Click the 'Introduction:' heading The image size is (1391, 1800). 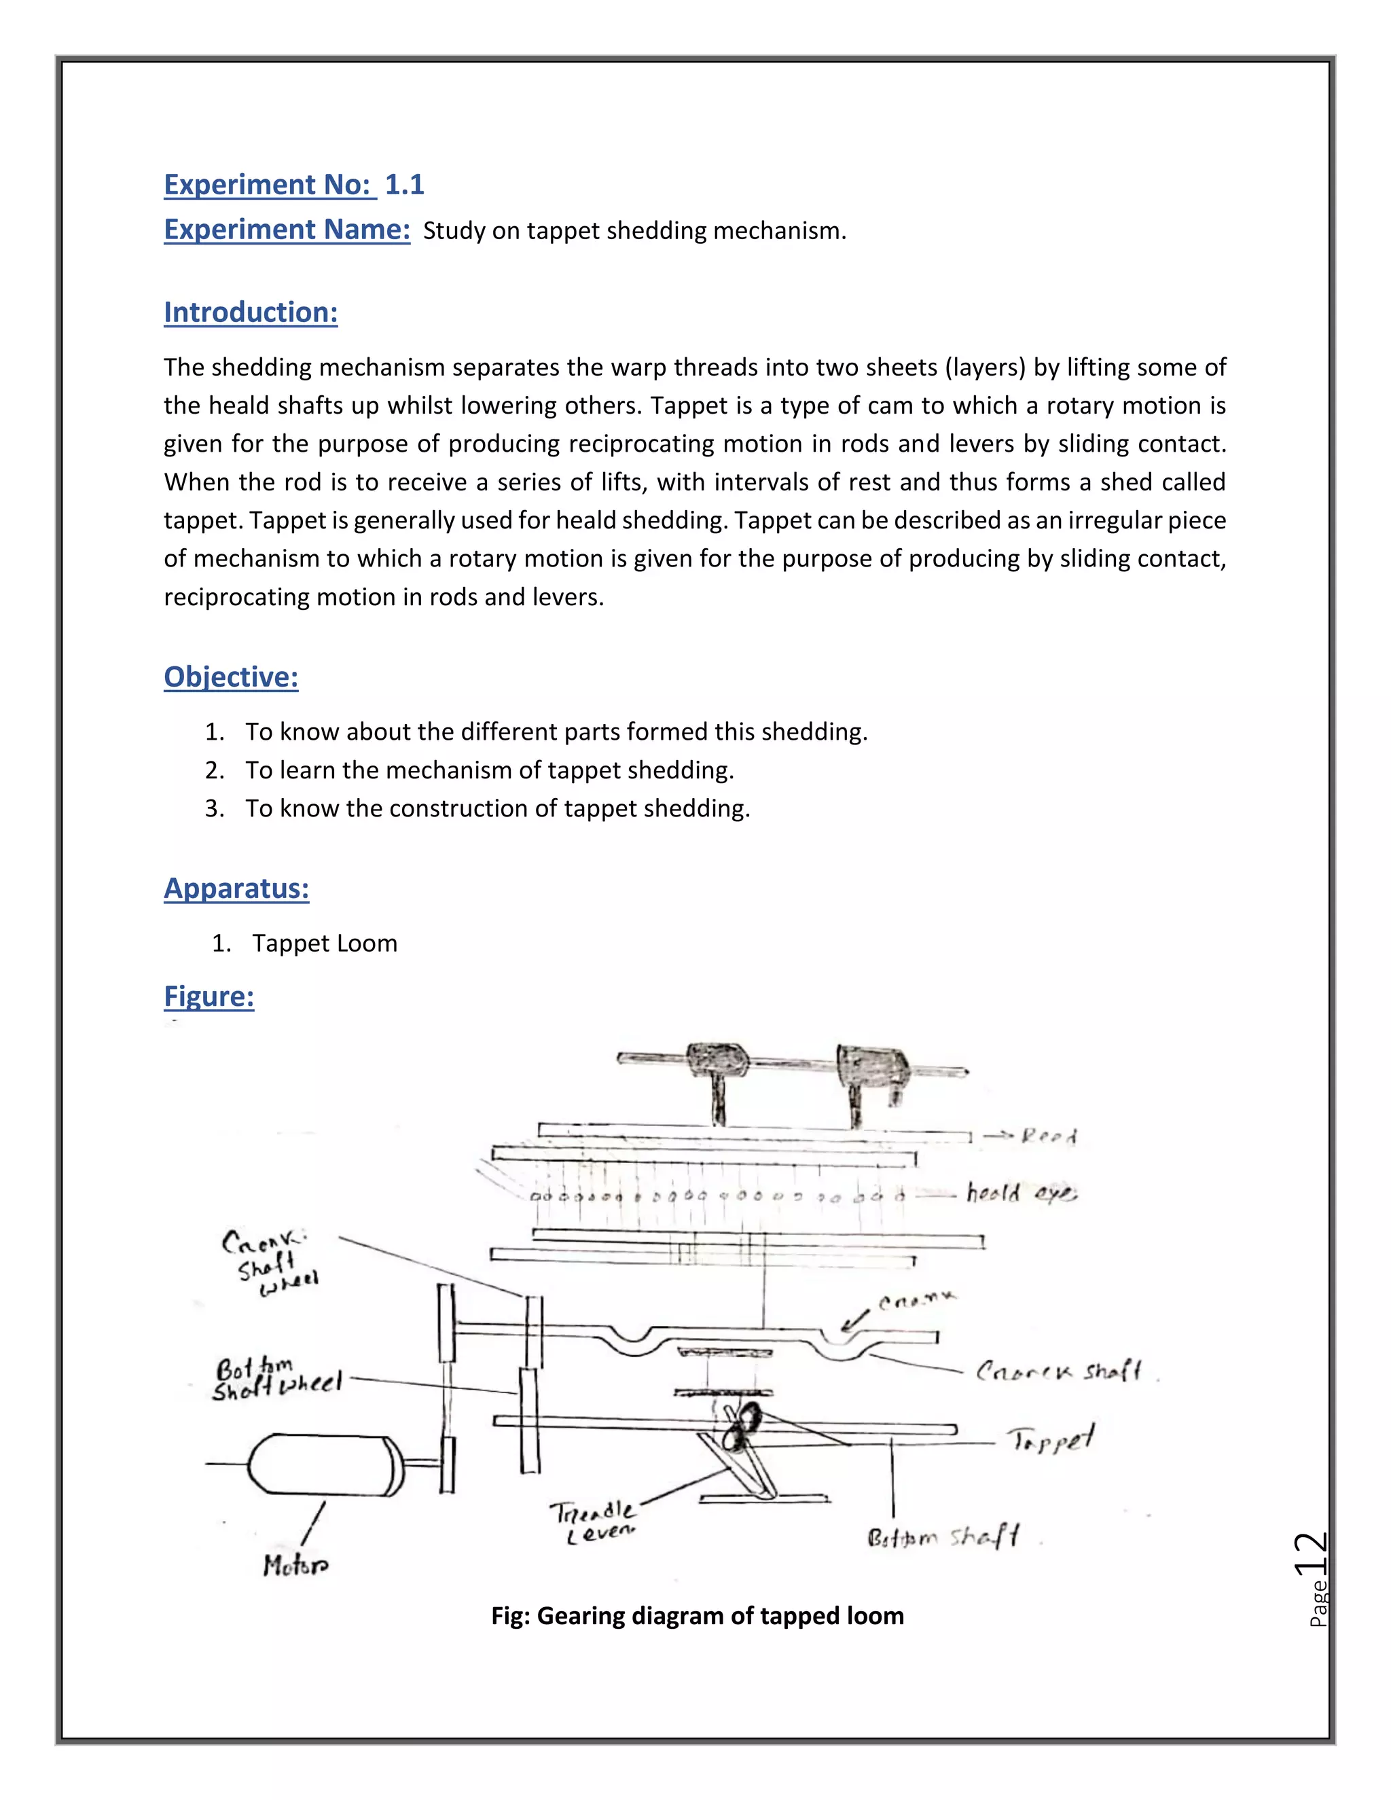[x=251, y=312]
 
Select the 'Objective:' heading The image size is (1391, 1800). [x=231, y=677]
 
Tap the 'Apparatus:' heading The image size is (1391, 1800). [x=236, y=888]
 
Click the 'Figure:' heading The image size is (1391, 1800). [x=209, y=996]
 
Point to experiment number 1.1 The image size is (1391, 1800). [x=404, y=185]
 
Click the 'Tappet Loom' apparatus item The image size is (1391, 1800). [x=325, y=943]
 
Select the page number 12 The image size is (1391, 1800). [x=1311, y=1556]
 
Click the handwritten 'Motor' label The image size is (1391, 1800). [x=295, y=1564]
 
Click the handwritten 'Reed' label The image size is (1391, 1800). [x=1049, y=1136]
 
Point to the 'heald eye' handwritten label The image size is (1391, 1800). [x=1020, y=1193]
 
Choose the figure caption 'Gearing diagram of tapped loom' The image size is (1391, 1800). [x=697, y=1615]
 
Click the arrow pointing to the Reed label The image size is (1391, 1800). [x=998, y=1136]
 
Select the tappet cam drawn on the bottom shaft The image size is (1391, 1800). [x=740, y=1426]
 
